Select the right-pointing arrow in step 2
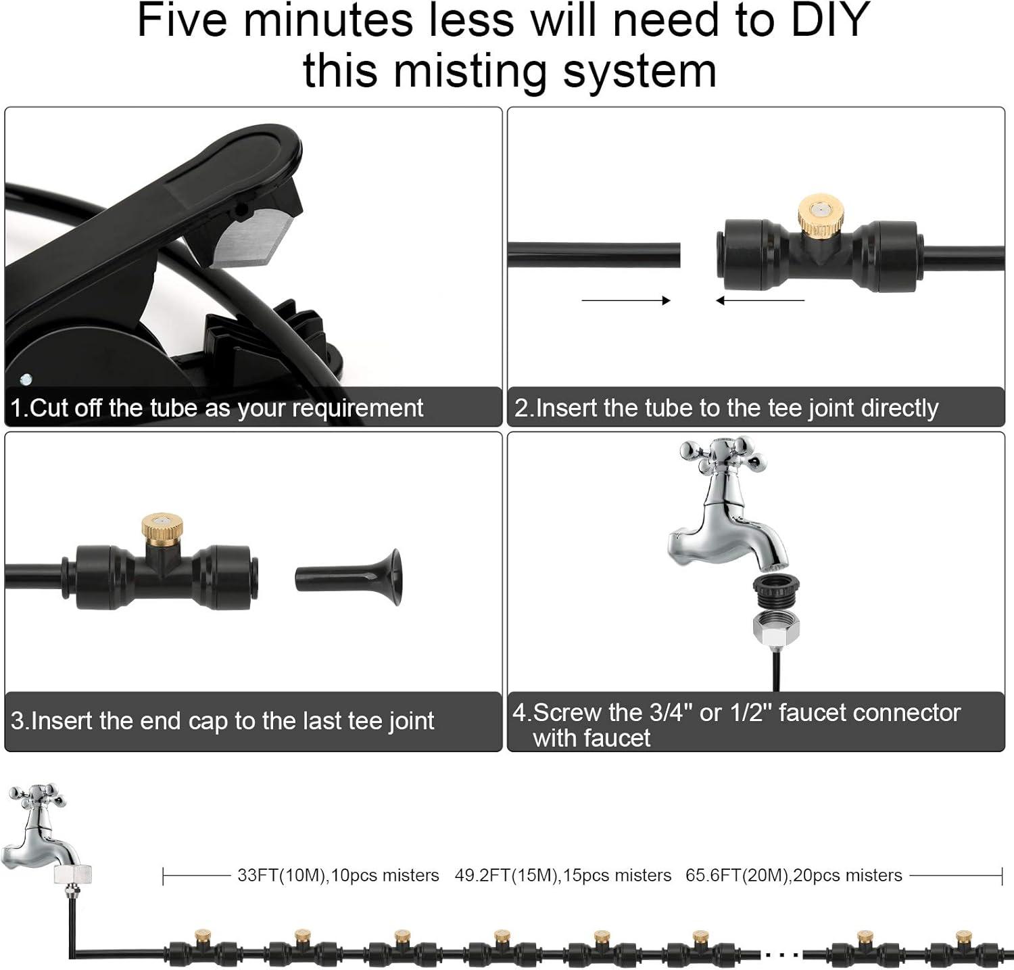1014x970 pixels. (625, 300)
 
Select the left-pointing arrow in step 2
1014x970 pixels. (760, 300)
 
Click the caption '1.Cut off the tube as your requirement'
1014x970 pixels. (217, 408)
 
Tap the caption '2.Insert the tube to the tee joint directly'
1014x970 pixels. (726, 408)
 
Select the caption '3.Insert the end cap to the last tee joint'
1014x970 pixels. (222, 720)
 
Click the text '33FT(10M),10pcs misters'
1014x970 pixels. (338, 875)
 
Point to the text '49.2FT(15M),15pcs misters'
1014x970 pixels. (562, 875)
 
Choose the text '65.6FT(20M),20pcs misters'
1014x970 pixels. (794, 875)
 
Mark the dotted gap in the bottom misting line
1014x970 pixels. (782, 954)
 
